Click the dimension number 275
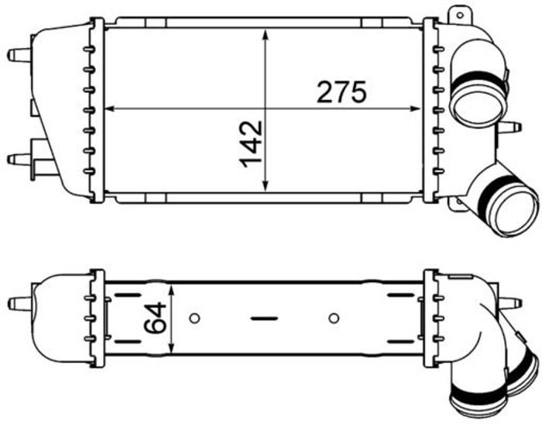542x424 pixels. [341, 92]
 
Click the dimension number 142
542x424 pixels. [252, 144]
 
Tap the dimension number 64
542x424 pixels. [155, 318]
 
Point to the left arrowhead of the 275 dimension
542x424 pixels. [110, 109]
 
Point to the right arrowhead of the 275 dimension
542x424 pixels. [415, 109]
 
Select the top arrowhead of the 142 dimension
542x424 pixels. [266, 36]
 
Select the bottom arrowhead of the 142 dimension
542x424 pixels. [266, 185]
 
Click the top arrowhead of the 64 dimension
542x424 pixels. [172, 290]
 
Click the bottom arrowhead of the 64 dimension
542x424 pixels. [172, 347]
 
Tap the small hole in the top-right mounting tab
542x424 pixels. [460, 16]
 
